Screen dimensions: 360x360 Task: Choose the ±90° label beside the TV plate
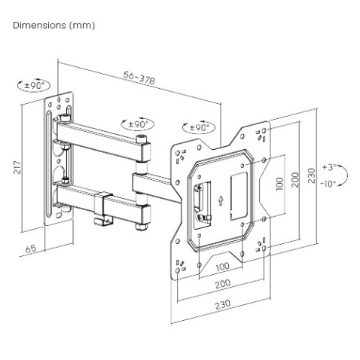[x=200, y=128]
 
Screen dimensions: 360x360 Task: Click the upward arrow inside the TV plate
[x=219, y=200]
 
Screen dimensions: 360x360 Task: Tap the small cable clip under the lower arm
[x=101, y=221]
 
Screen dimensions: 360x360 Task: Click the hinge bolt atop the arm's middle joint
[x=142, y=139]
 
